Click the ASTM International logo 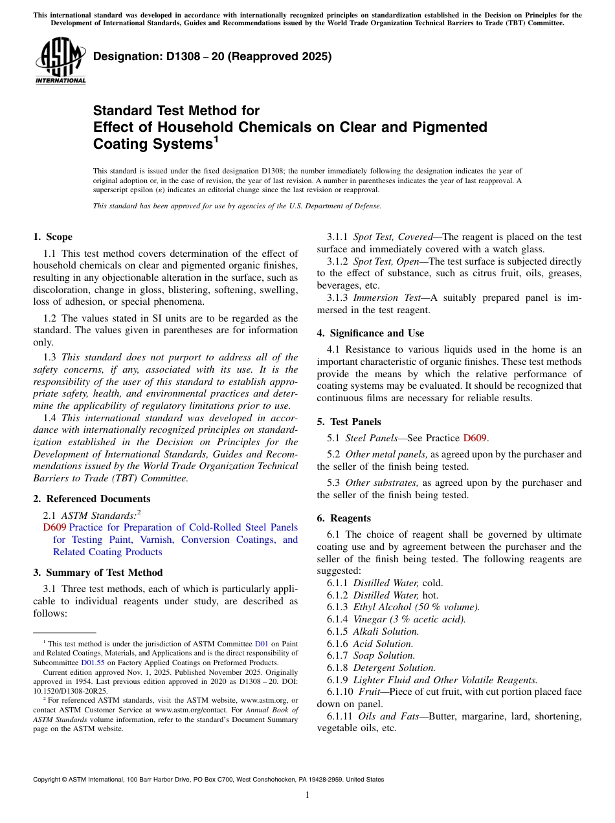60,61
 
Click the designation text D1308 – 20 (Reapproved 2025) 212,56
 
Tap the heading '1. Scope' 53,237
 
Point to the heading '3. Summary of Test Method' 98,573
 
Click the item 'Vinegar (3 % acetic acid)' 409,619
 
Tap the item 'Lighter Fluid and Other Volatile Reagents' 445,680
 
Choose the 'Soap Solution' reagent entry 384,655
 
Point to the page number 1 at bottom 307,795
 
